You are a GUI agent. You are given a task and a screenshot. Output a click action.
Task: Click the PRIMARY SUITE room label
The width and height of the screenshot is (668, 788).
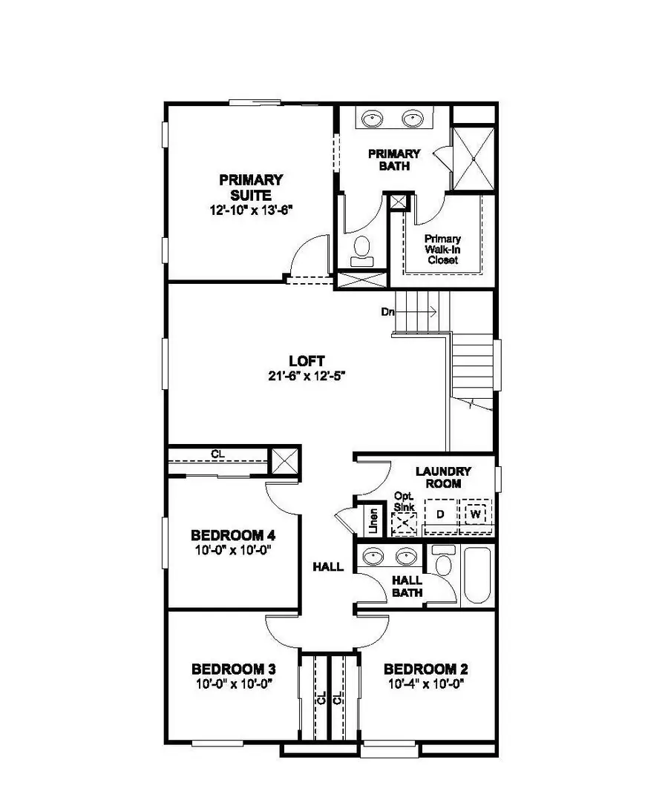click(x=251, y=187)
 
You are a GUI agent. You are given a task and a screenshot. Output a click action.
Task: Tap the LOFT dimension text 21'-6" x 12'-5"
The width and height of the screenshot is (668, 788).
click(x=307, y=376)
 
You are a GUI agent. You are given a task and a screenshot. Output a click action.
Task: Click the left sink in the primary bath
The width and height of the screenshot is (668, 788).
click(x=372, y=118)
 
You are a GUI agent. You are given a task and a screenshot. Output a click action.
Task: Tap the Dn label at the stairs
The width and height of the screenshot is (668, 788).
click(x=387, y=312)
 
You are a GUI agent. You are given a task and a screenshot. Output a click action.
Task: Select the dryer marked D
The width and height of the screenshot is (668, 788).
click(x=440, y=514)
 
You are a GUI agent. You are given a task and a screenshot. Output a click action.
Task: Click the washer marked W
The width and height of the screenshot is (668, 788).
click(x=476, y=513)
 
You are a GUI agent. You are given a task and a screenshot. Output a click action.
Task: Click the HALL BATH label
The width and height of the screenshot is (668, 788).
click(x=407, y=586)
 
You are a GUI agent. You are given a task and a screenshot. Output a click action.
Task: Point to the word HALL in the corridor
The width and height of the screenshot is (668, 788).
click(x=327, y=567)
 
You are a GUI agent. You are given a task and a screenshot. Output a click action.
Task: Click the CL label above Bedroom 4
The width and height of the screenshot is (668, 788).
click(x=217, y=454)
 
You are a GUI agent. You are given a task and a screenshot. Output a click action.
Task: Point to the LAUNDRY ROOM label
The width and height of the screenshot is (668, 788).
click(x=443, y=477)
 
